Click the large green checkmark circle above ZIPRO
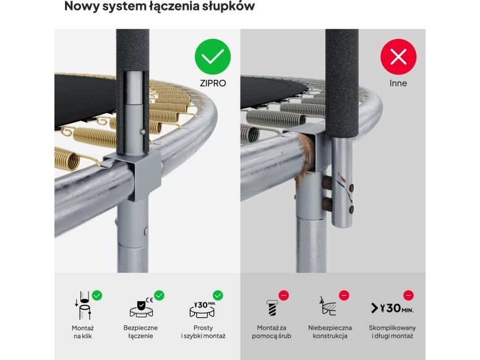click(212, 57)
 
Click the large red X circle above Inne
click(398, 57)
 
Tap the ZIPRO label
click(213, 84)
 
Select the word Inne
click(398, 84)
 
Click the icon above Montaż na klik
click(83, 306)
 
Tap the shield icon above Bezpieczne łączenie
click(141, 307)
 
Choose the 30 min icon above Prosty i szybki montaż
click(203, 309)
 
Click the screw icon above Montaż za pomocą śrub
click(272, 307)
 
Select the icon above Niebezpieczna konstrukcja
click(328, 306)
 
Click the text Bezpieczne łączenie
click(140, 332)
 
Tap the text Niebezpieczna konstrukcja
click(330, 332)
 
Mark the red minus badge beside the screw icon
click(284, 296)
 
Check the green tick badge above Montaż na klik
click(97, 296)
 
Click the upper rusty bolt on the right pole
click(327, 182)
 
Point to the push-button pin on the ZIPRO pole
click(142, 132)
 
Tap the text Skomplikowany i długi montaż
click(392, 332)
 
